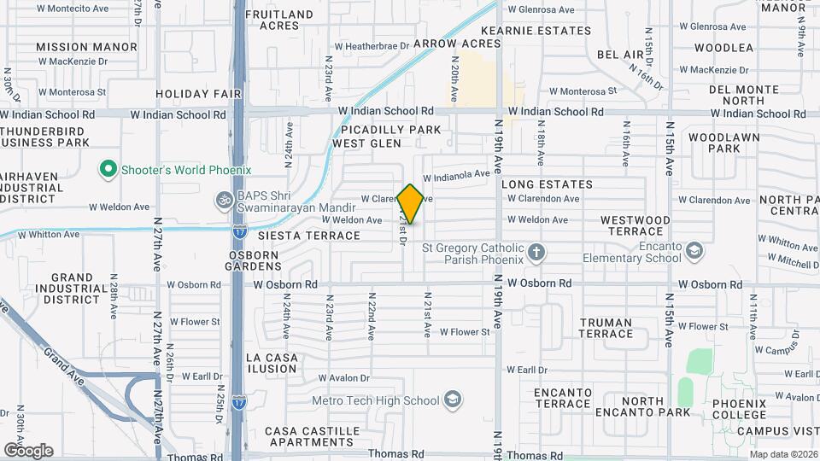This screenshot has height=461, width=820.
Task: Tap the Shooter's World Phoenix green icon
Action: (108, 170)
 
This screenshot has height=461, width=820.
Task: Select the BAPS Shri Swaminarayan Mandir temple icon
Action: (225, 198)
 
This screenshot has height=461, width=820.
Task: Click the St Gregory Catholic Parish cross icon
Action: (536, 252)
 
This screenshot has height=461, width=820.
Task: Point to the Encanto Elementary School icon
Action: (695, 250)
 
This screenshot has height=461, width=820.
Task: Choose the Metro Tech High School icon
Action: (452, 400)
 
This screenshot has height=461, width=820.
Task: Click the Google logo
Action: (28, 450)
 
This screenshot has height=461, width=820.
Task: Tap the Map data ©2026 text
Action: (782, 454)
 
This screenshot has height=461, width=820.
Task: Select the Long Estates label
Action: (547, 184)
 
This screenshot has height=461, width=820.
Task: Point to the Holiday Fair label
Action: (199, 94)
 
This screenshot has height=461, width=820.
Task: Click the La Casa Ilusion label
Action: (272, 363)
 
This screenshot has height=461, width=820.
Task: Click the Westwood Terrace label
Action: (635, 225)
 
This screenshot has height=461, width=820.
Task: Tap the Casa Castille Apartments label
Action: (308, 436)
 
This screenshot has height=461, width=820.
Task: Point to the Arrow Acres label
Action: (457, 43)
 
